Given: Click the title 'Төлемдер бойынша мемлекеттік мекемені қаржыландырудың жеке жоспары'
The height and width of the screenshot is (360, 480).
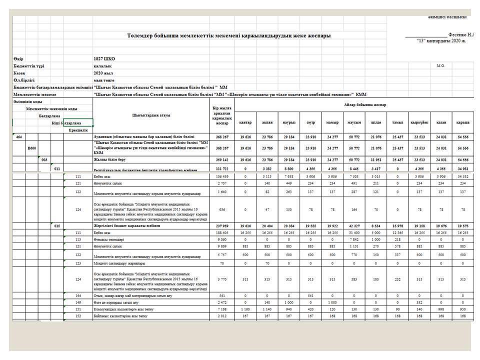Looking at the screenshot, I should tap(228, 35).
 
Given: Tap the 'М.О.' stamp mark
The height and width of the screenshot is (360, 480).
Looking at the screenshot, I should tap(440, 65).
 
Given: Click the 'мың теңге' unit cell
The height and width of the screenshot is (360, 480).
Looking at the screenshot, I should tap(103, 80).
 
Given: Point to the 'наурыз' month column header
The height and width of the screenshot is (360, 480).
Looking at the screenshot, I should tap(289, 122).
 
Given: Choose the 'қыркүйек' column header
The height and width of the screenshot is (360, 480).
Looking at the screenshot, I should tap(418, 122).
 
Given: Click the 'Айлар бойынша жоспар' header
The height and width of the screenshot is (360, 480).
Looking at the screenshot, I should tap(365, 104).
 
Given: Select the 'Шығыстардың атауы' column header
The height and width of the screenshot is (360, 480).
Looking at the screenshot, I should tap(151, 115).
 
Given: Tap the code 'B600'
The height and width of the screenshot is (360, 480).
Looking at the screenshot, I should tap(32, 148).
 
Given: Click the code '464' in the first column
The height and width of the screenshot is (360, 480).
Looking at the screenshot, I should tap(18, 136).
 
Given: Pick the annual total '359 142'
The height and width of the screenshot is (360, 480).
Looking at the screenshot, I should tap(221, 159).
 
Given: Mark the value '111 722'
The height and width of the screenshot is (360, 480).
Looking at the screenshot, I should tap(221, 170).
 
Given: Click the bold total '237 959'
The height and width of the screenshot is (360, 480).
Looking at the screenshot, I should tap(221, 226).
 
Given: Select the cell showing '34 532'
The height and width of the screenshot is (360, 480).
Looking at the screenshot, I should tap(462, 176).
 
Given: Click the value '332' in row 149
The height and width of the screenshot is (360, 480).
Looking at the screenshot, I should tap(419, 302).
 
